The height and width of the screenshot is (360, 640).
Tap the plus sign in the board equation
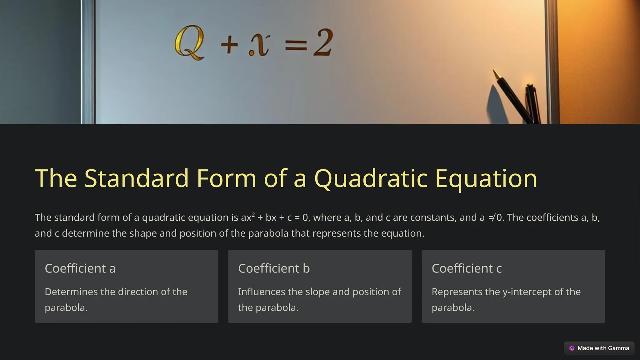[229, 45]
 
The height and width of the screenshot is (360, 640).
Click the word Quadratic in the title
[371, 178]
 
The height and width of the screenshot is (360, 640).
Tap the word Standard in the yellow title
[137, 178]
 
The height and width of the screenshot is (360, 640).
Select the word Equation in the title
[486, 178]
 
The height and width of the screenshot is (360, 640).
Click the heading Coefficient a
[80, 268]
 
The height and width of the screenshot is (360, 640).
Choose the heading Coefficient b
[274, 268]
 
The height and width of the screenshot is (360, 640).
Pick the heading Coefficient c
[467, 268]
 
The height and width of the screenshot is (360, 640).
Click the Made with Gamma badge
[599, 348]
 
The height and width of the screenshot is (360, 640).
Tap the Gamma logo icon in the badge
[572, 348]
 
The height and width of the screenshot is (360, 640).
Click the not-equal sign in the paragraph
[492, 217]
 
